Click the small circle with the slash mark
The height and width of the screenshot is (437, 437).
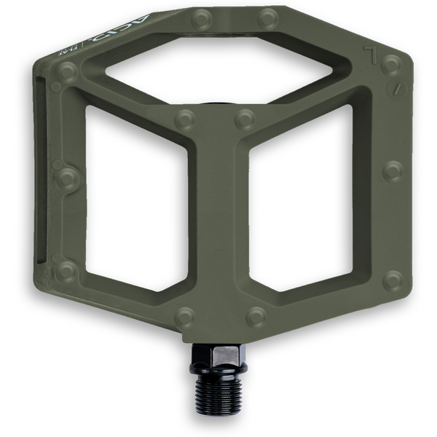tap(396, 90)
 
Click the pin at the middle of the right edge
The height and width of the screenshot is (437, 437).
tap(393, 170)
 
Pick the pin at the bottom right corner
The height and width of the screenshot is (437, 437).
tap(393, 279)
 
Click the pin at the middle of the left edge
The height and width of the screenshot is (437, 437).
tap(67, 176)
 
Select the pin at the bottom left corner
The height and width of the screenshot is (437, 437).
tap(66, 272)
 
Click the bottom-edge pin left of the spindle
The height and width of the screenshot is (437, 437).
tap(186, 316)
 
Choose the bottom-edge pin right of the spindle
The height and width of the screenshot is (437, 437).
tap(256, 316)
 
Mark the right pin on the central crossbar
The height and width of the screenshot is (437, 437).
tap(245, 119)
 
